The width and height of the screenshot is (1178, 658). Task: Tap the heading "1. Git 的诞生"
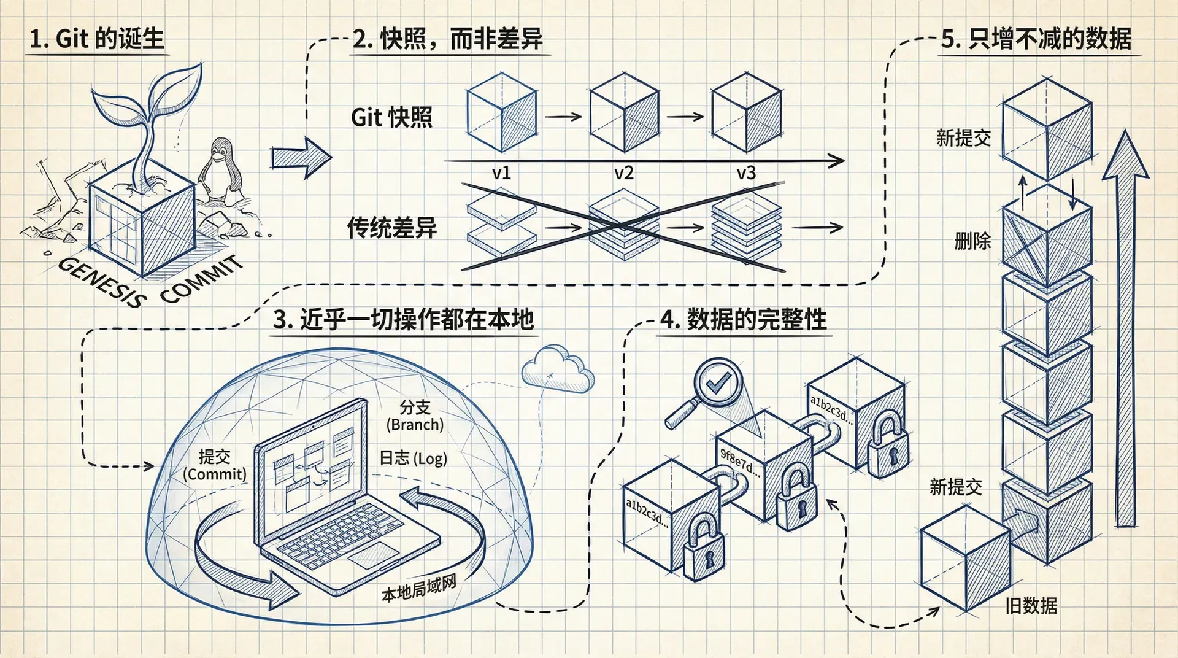[97, 39]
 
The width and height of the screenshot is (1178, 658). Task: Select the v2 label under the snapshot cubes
[623, 173]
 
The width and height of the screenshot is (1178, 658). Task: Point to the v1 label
[501, 173]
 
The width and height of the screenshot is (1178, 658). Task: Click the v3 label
[746, 173]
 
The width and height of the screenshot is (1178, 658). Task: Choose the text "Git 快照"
[391, 117]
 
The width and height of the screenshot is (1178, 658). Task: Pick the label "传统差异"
[391, 228]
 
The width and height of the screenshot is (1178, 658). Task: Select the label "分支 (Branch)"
[415, 416]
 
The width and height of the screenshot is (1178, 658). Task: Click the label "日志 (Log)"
[413, 458]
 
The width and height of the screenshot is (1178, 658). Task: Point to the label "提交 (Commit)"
[215, 465]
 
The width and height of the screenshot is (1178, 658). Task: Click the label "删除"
[972, 241]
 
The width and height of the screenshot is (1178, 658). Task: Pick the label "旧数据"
[1031, 606]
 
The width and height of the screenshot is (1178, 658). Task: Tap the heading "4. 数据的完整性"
[743, 320]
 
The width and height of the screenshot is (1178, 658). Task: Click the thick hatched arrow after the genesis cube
[299, 158]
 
